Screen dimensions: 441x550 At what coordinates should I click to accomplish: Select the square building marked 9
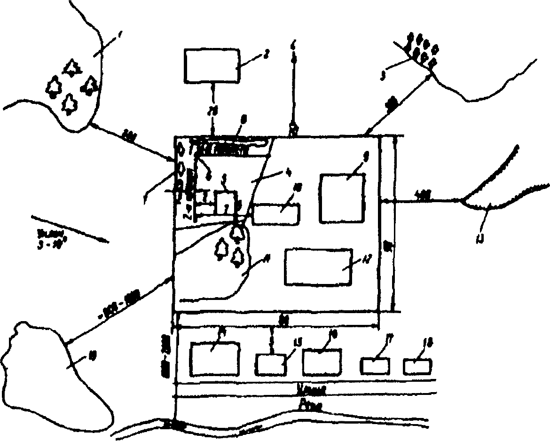(342, 198)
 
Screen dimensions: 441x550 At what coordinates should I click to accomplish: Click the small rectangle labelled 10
(276, 213)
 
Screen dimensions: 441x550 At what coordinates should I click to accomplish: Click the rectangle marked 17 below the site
(375, 366)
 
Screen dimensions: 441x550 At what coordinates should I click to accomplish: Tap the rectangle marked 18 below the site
(418, 366)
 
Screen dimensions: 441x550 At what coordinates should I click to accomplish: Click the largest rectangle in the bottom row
(215, 359)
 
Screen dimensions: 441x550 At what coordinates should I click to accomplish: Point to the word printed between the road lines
(310, 390)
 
